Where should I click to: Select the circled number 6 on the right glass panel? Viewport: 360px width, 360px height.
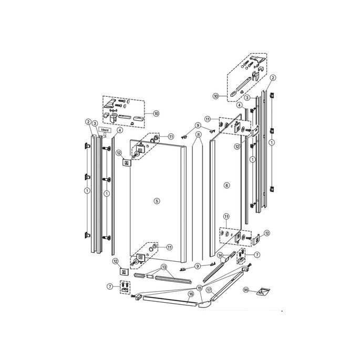point(227,186)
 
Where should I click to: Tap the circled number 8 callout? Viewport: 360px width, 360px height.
point(199,135)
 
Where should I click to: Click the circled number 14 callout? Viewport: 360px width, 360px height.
point(221,255)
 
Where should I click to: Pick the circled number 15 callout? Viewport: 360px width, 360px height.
point(199,288)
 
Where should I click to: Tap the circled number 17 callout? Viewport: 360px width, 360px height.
point(209,290)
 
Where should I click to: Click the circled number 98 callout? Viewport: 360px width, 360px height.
point(245,290)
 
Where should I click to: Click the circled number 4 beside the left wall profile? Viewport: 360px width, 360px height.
point(120,130)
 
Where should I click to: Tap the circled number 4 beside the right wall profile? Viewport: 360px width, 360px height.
point(239,106)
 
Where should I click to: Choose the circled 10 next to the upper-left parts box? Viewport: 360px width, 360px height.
point(156,113)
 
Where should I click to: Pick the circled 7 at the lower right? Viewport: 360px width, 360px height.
point(256,254)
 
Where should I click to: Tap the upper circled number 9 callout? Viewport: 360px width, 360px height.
point(198,125)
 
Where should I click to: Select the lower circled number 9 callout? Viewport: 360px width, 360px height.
point(198,266)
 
